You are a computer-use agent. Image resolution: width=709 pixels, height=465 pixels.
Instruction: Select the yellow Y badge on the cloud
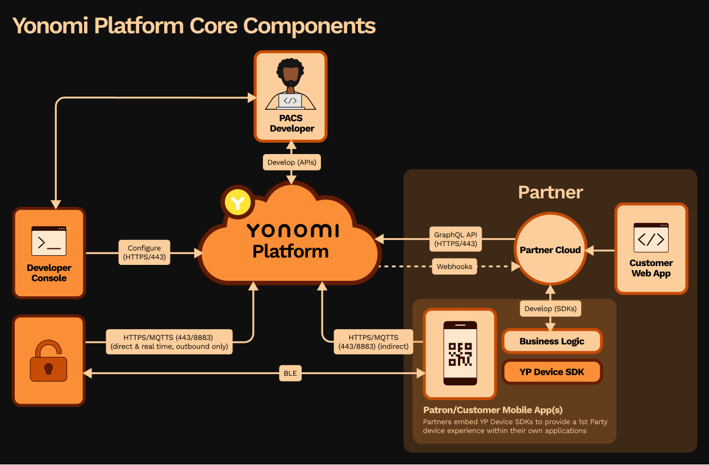pos(238,202)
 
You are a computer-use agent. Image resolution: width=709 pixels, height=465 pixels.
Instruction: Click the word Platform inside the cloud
pos(290,251)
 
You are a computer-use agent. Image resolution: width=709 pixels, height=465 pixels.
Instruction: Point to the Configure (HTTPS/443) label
pos(144,252)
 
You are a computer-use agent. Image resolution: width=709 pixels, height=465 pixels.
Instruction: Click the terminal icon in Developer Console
pos(49,241)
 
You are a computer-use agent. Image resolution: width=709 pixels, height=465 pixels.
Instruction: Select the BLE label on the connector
pos(290,373)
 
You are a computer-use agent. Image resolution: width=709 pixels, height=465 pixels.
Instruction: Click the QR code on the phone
pos(460,354)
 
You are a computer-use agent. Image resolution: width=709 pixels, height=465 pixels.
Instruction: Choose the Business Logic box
pos(552,341)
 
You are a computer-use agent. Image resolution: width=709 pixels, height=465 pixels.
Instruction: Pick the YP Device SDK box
pos(552,372)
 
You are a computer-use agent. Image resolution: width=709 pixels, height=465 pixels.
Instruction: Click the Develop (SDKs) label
pos(549,309)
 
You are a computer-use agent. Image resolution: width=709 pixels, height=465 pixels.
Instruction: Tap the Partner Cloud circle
pos(550,250)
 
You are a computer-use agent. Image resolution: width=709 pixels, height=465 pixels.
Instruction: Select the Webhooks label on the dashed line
pos(454,267)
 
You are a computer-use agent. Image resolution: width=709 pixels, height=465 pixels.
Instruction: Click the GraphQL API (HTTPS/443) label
pos(456,239)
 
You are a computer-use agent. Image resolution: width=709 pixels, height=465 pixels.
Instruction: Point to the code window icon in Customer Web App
pos(651,238)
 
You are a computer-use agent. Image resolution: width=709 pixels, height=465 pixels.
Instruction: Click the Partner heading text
pos(550,192)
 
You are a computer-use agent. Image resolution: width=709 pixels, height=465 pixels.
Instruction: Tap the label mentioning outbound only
pos(169,342)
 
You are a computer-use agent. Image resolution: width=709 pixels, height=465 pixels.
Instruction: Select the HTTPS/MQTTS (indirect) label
pos(373,342)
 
